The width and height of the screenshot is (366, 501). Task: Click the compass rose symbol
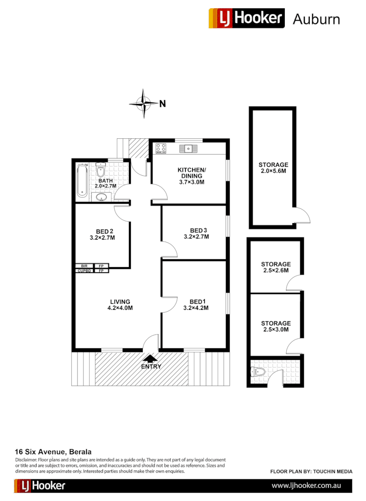(144, 103)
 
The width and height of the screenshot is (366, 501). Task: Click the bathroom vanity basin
(102, 197)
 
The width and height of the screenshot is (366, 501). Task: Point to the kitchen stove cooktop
(161, 148)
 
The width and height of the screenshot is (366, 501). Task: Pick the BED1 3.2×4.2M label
(196, 304)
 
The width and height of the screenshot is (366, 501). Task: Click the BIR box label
(84, 266)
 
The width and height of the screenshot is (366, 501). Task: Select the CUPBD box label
(84, 270)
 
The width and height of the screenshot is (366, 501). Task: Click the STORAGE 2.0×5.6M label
(273, 168)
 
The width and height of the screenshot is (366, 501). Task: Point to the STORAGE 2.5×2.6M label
(276, 267)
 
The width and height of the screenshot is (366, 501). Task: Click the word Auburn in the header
(316, 19)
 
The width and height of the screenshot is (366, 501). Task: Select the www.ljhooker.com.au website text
(307, 486)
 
